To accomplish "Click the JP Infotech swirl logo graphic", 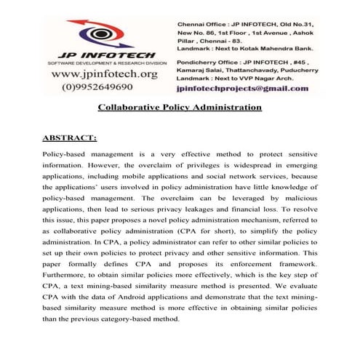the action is [x=108, y=32].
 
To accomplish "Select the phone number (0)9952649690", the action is [x=108, y=87].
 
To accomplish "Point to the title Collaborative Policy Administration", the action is [x=180, y=108].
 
